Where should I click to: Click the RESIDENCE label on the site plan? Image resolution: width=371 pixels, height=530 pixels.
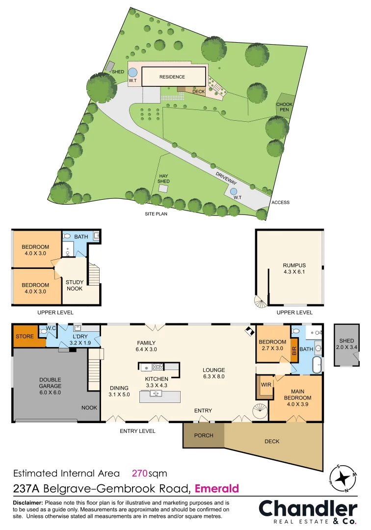(172, 77)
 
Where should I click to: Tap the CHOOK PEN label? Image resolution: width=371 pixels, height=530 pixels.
(284, 106)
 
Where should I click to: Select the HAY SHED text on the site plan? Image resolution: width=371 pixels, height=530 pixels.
(164, 178)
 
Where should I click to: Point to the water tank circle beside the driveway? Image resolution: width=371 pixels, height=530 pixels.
(234, 191)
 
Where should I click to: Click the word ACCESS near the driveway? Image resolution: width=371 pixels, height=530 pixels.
(280, 202)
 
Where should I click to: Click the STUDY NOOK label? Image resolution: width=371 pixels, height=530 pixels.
(74, 285)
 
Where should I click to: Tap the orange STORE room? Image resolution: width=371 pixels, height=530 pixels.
(25, 336)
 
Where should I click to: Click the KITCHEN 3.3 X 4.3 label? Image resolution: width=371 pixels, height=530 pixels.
(157, 382)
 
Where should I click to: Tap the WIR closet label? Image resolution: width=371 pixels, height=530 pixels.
(266, 384)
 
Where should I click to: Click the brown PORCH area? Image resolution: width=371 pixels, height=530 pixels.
(203, 435)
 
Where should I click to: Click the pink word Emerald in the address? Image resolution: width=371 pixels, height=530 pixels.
(217, 488)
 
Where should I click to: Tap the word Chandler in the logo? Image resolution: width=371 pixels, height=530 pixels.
(308, 508)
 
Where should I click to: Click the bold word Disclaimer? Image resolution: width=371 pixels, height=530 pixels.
(27, 503)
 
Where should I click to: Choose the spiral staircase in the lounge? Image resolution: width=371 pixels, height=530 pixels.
(260, 411)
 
